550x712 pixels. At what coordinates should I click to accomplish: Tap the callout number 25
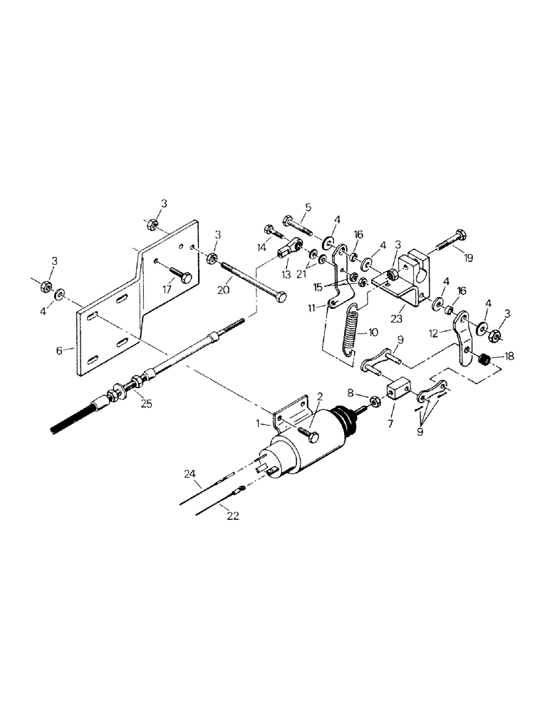(147, 404)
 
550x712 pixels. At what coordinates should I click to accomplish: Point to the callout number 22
(233, 516)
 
